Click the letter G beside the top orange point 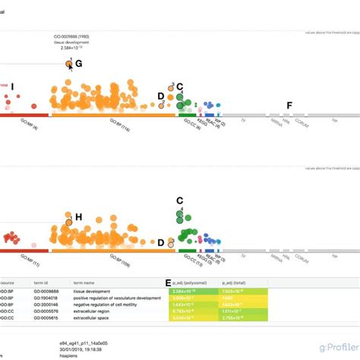78,65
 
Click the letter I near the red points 12,87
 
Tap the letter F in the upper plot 288,105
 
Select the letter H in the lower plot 78,217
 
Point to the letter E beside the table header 168,283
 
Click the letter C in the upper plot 180,87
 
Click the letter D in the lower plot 160,243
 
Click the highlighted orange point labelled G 69,65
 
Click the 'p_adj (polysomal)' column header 188,283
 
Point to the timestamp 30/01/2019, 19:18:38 81,349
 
